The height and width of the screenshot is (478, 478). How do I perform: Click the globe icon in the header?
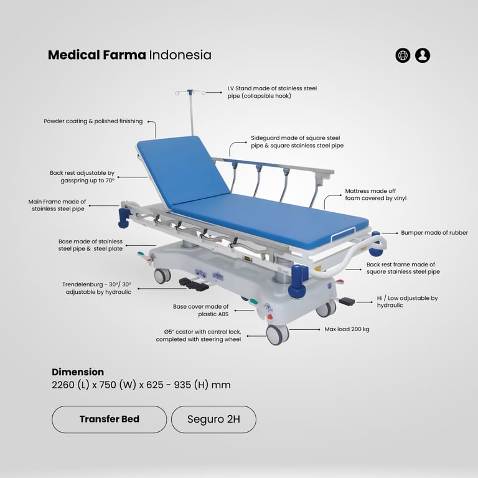(403, 55)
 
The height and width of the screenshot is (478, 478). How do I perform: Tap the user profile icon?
(423, 55)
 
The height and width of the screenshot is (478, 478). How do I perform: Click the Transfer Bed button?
(109, 419)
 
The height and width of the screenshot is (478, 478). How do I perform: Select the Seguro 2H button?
(213, 419)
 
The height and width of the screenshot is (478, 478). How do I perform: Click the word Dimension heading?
(78, 372)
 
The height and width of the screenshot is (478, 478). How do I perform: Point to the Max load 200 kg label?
(347, 329)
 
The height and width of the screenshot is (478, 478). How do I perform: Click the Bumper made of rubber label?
(434, 233)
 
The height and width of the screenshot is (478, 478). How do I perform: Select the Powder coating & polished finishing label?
(93, 121)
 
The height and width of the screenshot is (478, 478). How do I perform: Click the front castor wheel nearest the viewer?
(276, 334)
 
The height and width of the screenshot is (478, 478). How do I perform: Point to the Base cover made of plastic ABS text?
(200, 311)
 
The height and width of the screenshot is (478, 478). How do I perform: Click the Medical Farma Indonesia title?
(129, 55)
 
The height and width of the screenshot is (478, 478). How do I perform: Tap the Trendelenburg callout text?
(96, 288)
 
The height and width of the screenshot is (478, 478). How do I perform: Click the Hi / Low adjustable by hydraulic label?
(407, 302)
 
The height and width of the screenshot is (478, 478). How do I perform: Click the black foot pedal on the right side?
(346, 301)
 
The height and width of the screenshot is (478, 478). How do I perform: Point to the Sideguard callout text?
(297, 141)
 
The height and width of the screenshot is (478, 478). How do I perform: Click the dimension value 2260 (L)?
(72, 385)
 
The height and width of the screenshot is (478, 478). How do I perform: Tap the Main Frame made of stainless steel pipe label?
(57, 205)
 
